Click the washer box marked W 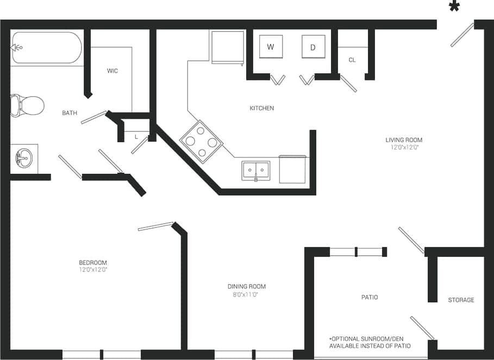270,47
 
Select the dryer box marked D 313,47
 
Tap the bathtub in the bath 47,48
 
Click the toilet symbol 27,105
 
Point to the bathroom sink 24,159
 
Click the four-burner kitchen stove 201,141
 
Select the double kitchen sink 255,170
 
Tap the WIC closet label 112,71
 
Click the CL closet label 352,60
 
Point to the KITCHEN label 261,109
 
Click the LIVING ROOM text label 404,140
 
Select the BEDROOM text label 93,263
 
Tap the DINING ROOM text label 247,287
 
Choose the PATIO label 370,298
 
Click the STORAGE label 461,300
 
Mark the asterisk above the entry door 454,7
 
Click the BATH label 70,113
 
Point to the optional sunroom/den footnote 370,342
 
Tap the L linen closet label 136,137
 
